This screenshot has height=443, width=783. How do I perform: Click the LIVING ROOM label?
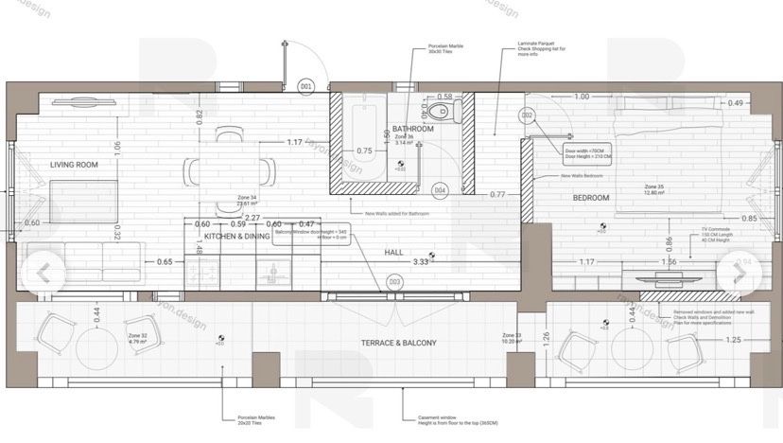click(75, 165)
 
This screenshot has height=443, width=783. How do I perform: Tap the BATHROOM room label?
click(412, 129)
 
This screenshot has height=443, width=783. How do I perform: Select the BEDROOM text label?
click(591, 198)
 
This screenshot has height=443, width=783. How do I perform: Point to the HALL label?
click(394, 253)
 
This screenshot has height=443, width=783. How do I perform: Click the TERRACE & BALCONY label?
click(398, 343)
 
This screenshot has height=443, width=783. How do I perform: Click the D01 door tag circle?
click(305, 86)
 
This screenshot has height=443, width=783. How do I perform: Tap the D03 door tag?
click(394, 282)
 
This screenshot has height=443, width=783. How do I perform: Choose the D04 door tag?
click(440, 190)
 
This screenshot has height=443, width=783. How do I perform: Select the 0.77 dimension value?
click(497, 194)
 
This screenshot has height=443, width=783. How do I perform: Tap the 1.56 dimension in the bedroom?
click(669, 261)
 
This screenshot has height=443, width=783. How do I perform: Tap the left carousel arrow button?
click(42, 272)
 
